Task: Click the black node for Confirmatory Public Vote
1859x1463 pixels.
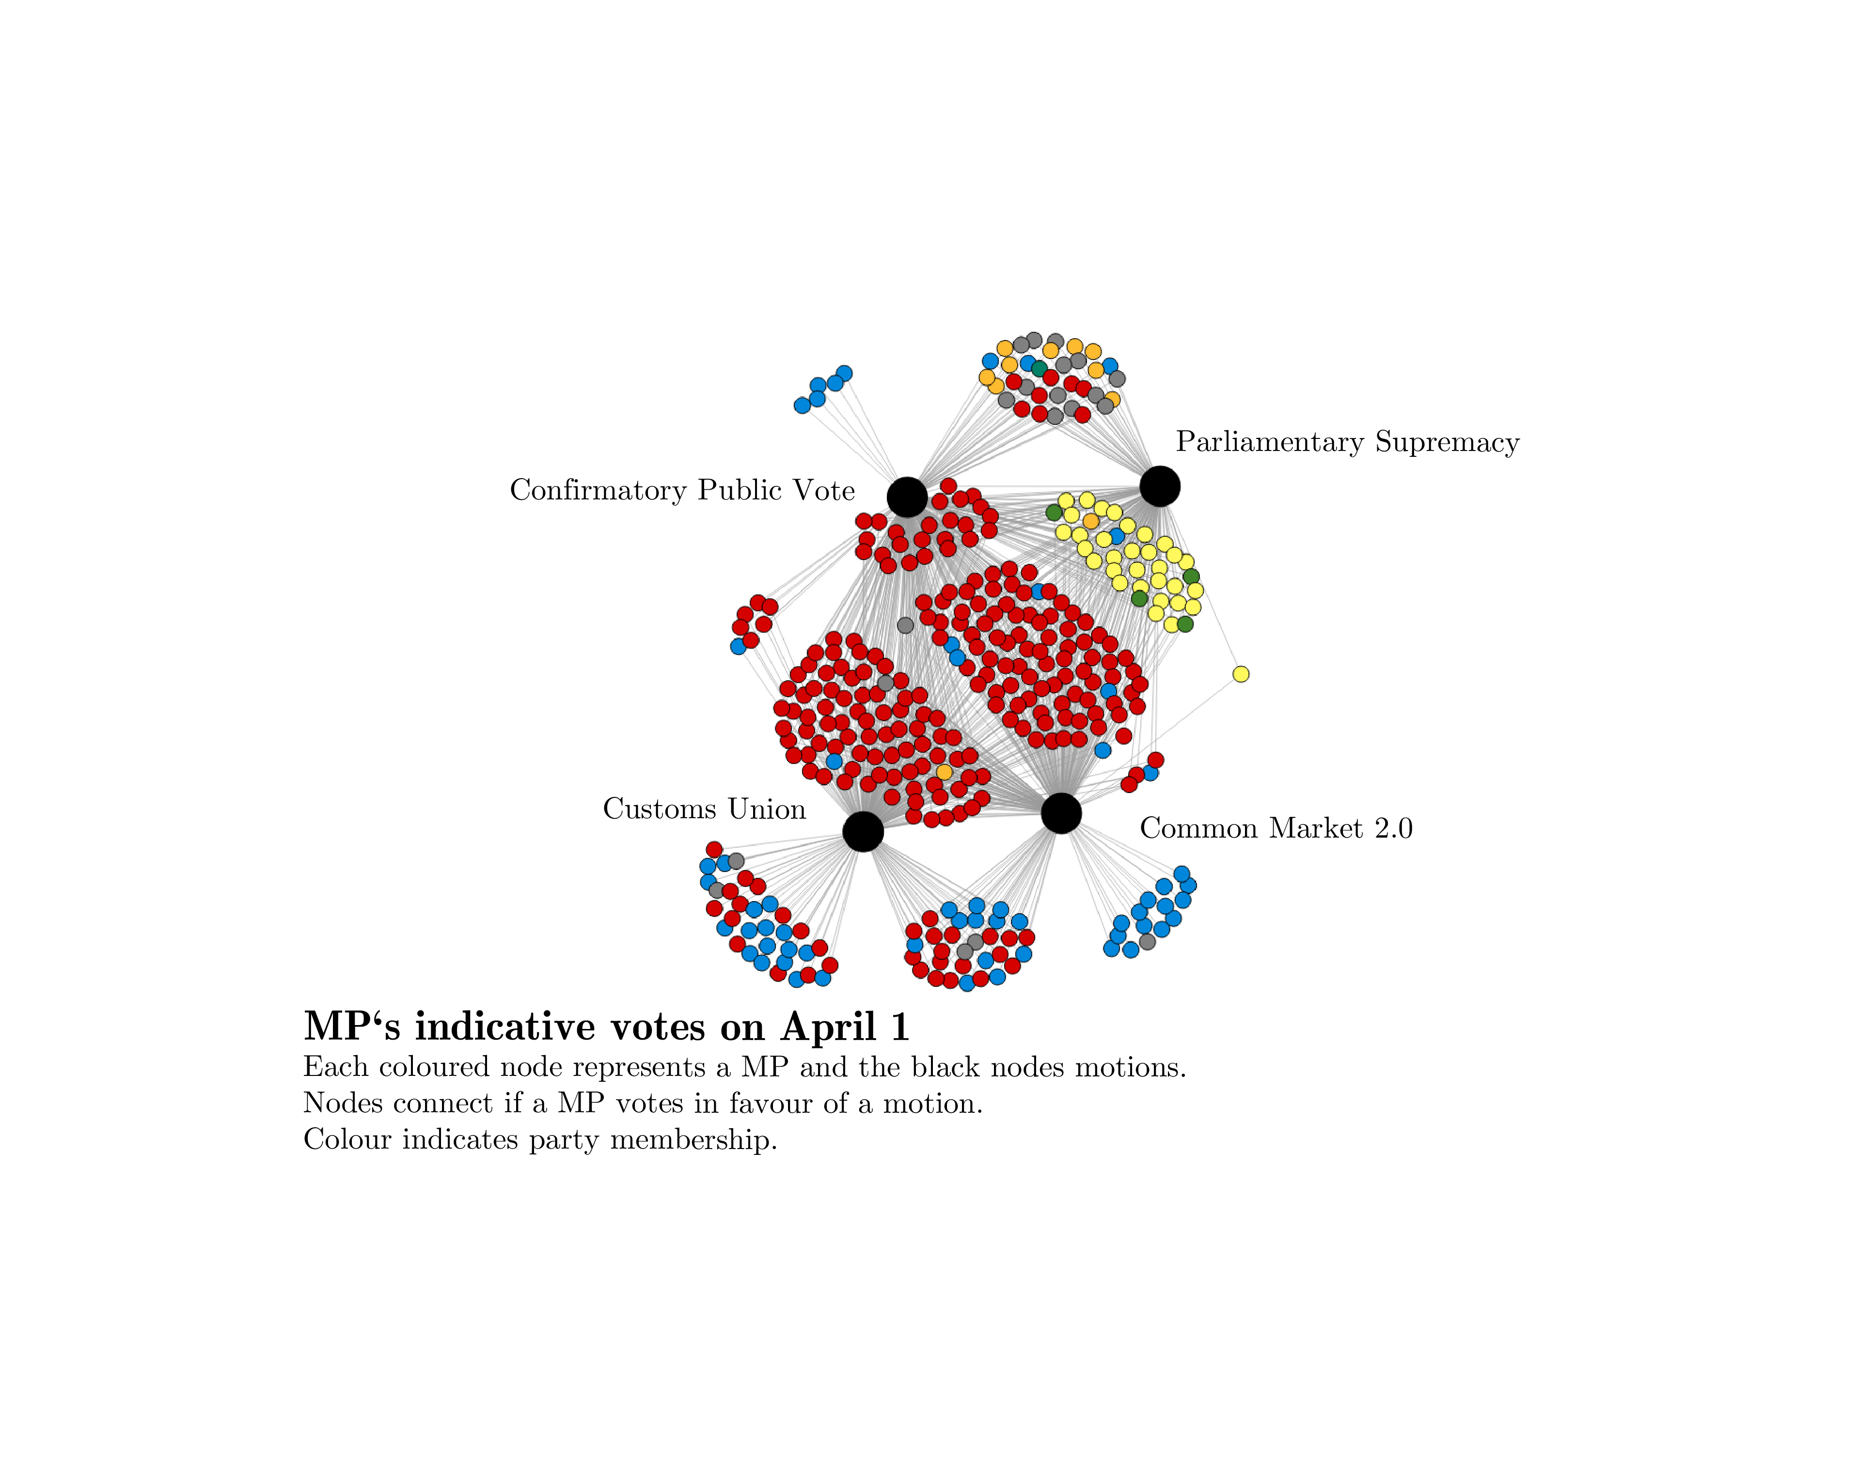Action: [x=907, y=497]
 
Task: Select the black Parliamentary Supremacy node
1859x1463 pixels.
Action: [x=1160, y=486]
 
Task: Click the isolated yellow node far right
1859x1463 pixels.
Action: [x=1241, y=674]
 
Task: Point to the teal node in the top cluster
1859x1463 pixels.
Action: [x=1039, y=368]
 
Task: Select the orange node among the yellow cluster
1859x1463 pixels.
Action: [x=1090, y=521]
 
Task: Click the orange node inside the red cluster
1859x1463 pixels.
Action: [x=944, y=772]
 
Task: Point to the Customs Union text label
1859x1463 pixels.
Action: [x=704, y=809]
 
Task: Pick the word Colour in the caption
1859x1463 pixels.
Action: [x=348, y=1140]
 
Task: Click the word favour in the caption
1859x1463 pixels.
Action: [x=769, y=1103]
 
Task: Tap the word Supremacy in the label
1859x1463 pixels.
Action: [x=1448, y=442]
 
